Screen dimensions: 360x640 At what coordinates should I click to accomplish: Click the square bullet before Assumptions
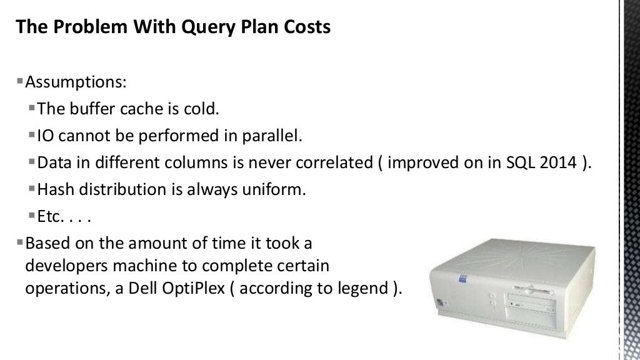20,82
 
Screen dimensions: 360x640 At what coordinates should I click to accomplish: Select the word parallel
279,136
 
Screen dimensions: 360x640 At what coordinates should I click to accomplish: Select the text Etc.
51,217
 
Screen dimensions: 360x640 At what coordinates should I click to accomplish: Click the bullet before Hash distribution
32,189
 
